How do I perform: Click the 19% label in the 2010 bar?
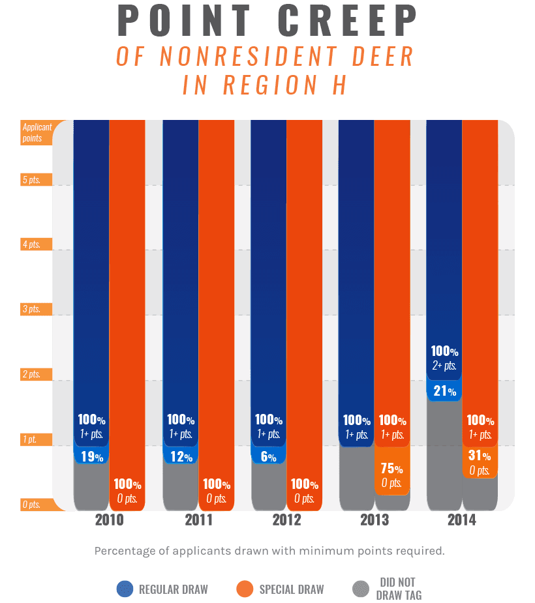(91, 457)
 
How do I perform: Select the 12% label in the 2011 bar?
(179, 457)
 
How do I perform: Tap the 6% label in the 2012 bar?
(268, 457)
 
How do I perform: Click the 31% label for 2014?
(480, 456)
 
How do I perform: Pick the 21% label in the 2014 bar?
(444, 391)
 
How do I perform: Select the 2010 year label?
(109, 520)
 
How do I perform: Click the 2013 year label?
(374, 520)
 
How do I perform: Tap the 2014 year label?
(462, 520)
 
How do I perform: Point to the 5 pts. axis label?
(31, 180)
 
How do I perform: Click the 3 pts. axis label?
(31, 309)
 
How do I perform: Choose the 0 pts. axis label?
(31, 504)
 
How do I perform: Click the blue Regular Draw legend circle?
(124, 589)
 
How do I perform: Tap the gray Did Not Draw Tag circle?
(361, 589)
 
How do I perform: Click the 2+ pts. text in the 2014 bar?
(444, 366)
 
